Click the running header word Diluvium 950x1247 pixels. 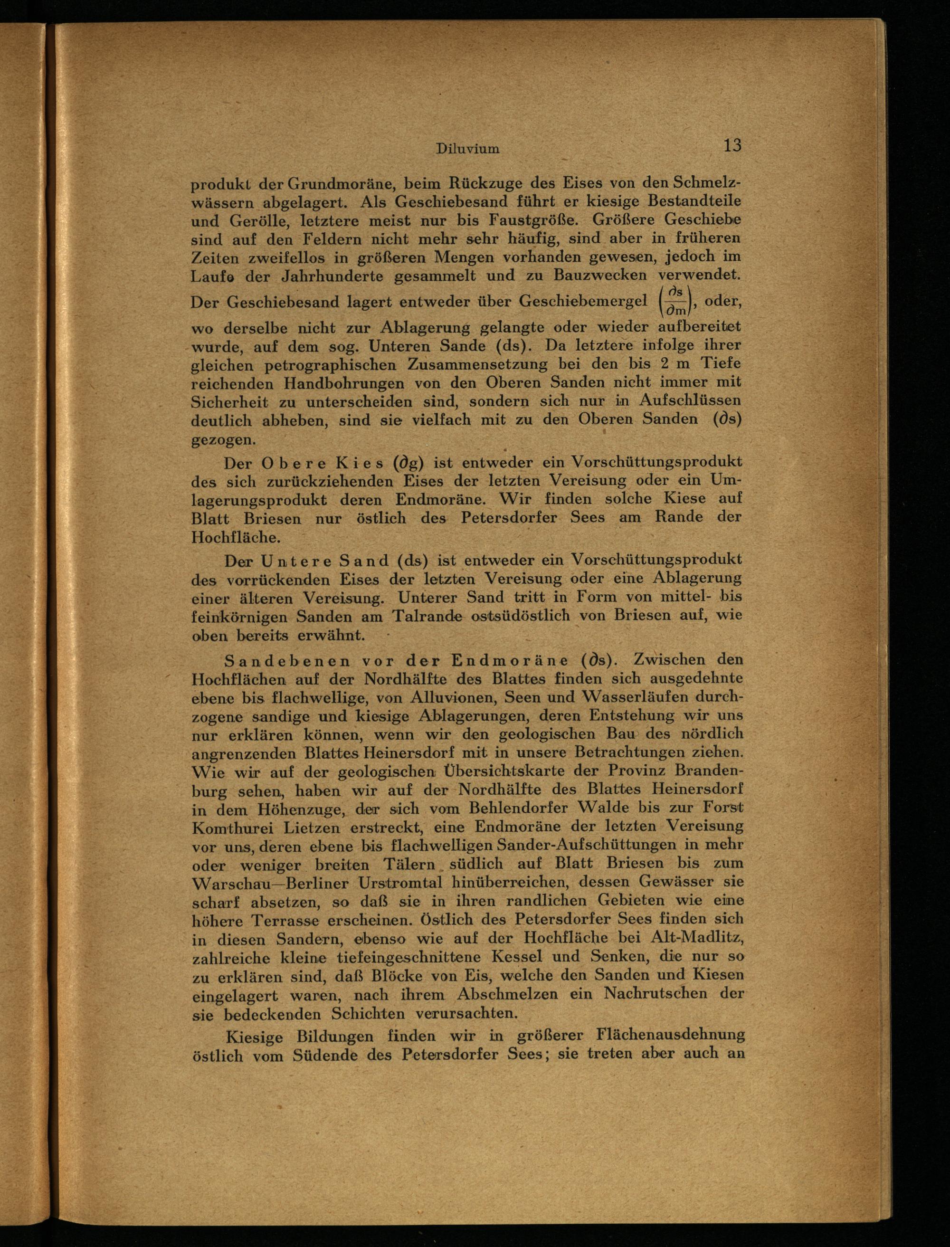[468, 149]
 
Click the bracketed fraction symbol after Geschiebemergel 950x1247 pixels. [676, 300]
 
